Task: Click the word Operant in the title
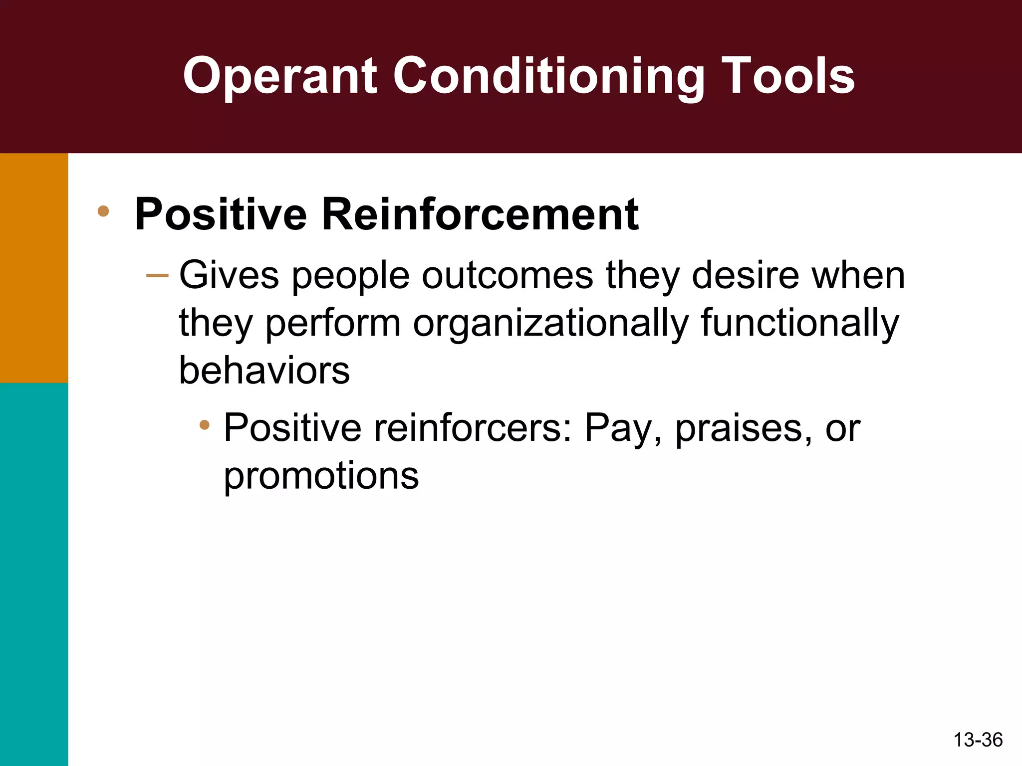(x=279, y=76)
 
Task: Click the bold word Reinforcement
(x=480, y=214)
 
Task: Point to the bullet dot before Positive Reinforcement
(x=103, y=211)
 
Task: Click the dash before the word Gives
(x=157, y=275)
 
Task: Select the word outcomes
(x=508, y=275)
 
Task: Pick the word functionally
(x=799, y=323)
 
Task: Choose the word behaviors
(x=264, y=371)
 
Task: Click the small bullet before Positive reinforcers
(x=204, y=425)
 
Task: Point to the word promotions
(x=321, y=476)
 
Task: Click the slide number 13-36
(x=978, y=740)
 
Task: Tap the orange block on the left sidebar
(x=34, y=268)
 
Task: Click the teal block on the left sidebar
(x=34, y=574)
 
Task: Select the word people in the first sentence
(x=350, y=276)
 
